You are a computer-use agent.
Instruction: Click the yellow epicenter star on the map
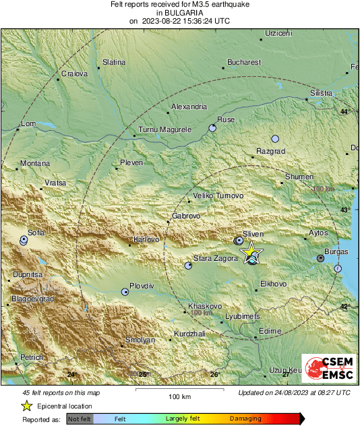[x=251, y=252]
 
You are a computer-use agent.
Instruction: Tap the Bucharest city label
[x=244, y=62]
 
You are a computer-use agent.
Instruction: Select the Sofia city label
[x=36, y=233]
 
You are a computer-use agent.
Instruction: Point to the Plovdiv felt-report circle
[x=125, y=292]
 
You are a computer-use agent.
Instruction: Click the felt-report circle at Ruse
[x=212, y=127]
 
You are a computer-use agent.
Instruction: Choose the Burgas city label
[x=335, y=251]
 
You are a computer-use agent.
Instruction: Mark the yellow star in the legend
[x=26, y=406]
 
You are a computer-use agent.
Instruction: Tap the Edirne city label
[x=270, y=330]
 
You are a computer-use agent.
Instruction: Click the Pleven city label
[x=131, y=162]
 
